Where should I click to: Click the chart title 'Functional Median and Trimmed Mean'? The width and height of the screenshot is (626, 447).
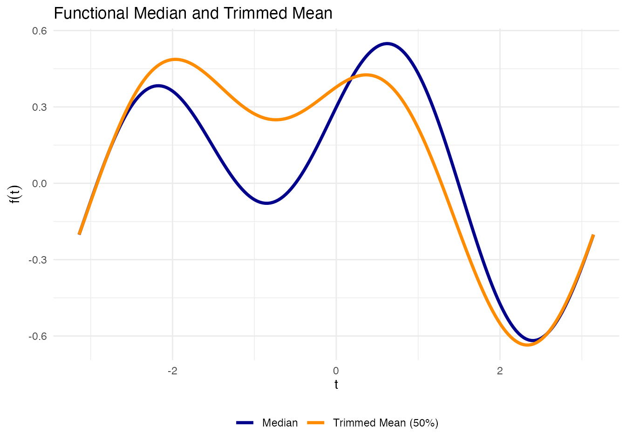pyautogui.click(x=193, y=14)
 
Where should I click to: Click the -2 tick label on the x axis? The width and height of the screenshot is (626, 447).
pyautogui.click(x=172, y=371)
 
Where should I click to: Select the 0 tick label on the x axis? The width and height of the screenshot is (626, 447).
pyautogui.click(x=336, y=371)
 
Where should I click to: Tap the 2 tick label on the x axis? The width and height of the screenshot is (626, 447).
pyautogui.click(x=500, y=371)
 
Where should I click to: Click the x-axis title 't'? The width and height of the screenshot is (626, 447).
pyautogui.click(x=336, y=385)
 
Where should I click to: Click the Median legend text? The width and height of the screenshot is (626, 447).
pyautogui.click(x=280, y=423)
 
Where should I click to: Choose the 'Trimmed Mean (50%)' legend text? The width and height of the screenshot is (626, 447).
pyautogui.click(x=386, y=423)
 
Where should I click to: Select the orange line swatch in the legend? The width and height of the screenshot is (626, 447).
pyautogui.click(x=315, y=423)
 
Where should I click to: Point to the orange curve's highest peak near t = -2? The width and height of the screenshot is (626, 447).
pyautogui.click(x=175, y=60)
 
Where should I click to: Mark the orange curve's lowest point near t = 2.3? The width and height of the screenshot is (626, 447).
pyautogui.click(x=528, y=345)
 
